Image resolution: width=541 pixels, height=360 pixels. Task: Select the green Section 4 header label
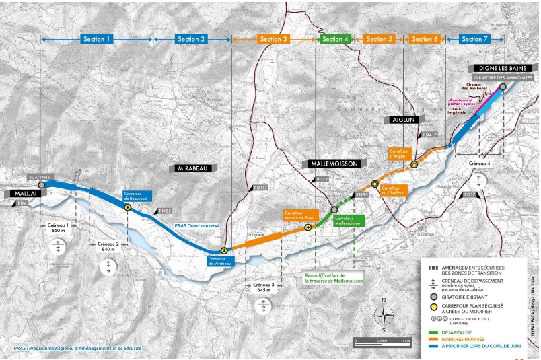(x=335, y=39)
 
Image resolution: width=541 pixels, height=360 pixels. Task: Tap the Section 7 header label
(x=475, y=39)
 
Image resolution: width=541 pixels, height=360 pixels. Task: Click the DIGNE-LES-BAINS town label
(x=503, y=68)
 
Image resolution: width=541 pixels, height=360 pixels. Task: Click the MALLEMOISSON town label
(x=335, y=164)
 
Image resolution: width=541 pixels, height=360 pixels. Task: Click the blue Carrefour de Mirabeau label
(x=221, y=260)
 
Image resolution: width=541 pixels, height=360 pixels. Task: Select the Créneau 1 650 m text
(x=58, y=227)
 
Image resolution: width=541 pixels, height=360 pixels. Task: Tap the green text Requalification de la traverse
(x=324, y=279)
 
